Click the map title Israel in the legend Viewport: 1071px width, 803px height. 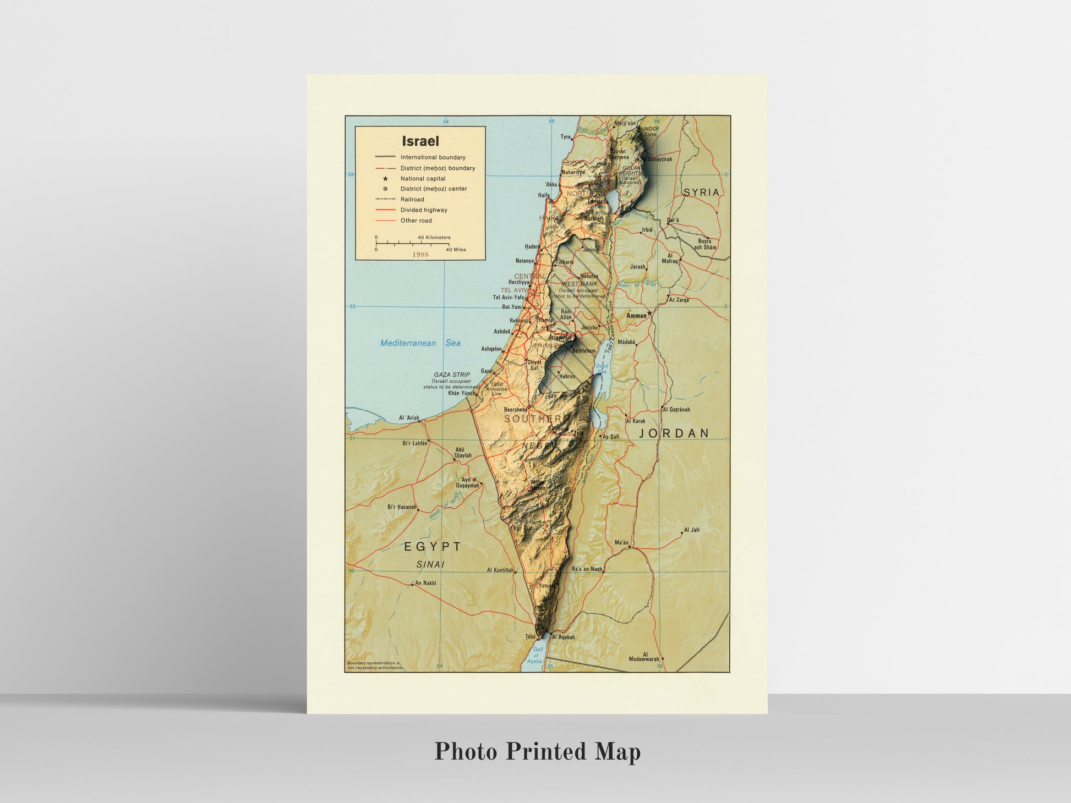pyautogui.click(x=420, y=141)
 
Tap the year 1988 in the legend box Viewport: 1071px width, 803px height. pyautogui.click(x=420, y=255)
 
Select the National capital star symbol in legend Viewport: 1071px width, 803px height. pyautogui.click(x=385, y=179)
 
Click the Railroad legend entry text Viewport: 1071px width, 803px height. pyautogui.click(x=412, y=200)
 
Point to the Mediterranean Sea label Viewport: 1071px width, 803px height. pyautogui.click(x=420, y=343)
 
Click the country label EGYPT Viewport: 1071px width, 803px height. pyautogui.click(x=433, y=547)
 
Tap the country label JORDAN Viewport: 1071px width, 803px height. pyautogui.click(x=674, y=433)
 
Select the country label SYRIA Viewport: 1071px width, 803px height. pyautogui.click(x=701, y=193)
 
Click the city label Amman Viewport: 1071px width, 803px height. pyautogui.click(x=636, y=316)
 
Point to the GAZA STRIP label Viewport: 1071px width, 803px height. pyautogui.click(x=452, y=375)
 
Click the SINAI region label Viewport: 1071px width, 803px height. pyautogui.click(x=430, y=564)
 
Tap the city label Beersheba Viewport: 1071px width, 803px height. pyautogui.click(x=516, y=410)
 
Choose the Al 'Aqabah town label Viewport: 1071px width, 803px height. pyautogui.click(x=563, y=637)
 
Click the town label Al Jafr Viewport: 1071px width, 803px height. pyautogui.click(x=692, y=530)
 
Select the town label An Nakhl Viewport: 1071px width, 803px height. pyautogui.click(x=425, y=583)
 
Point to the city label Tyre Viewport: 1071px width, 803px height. pyautogui.click(x=565, y=137)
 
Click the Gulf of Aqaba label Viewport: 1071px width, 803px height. pyautogui.click(x=537, y=655)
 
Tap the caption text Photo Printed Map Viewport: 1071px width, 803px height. pyautogui.click(x=537, y=752)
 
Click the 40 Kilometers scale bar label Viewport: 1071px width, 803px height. pyautogui.click(x=434, y=238)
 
